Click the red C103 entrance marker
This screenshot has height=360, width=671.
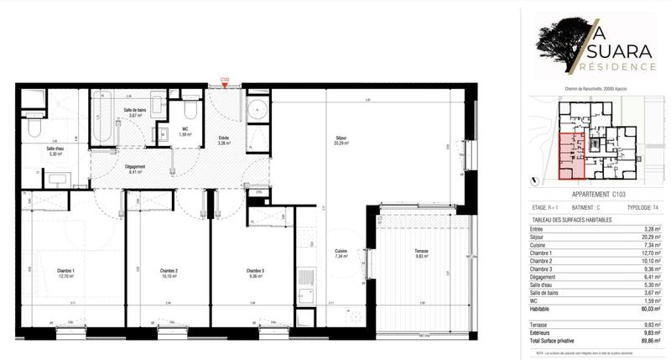point(224,81)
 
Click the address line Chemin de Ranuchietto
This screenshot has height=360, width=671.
point(596,90)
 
